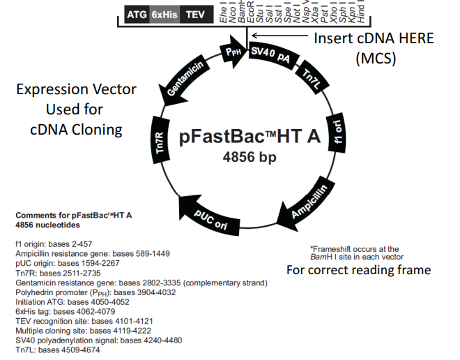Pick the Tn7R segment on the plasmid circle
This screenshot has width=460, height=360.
pyautogui.click(x=160, y=142)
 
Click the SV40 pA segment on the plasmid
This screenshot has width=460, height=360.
pyautogui.click(x=270, y=54)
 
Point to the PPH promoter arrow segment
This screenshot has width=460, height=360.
pyautogui.click(x=232, y=51)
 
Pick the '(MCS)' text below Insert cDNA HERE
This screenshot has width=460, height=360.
pyautogui.click(x=375, y=59)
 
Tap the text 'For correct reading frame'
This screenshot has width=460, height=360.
pyautogui.click(x=358, y=269)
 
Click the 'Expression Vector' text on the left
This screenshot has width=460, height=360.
pyautogui.click(x=76, y=90)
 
